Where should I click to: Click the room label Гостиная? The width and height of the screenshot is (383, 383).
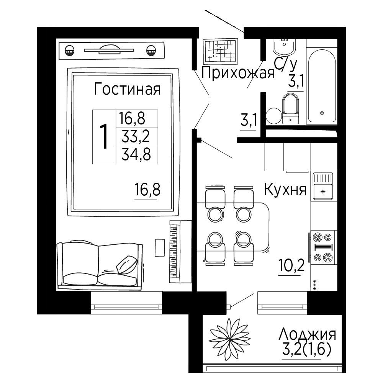tap(127, 89)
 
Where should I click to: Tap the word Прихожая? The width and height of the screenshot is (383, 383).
tap(238, 73)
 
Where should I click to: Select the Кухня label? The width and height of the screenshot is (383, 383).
tap(285, 189)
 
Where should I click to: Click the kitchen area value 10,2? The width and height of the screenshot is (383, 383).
tap(291, 265)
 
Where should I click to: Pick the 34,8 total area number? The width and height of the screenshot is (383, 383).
tap(136, 154)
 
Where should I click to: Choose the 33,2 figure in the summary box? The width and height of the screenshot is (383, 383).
tap(136, 137)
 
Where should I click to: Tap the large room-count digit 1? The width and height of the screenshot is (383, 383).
tap(104, 136)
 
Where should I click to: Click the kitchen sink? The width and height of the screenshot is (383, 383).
tap(323, 186)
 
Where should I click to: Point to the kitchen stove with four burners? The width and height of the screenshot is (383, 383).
tap(322, 247)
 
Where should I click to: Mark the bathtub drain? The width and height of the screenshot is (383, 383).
tap(322, 113)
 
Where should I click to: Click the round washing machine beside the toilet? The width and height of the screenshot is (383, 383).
tap(274, 116)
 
